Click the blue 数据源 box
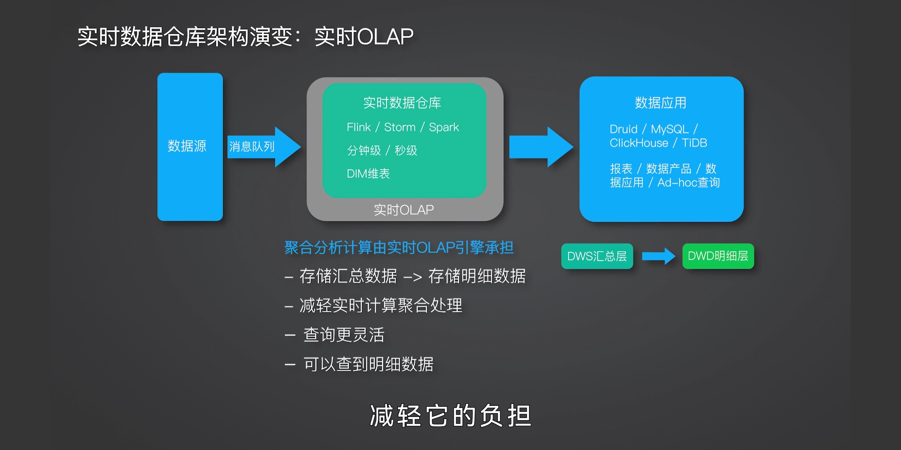click(x=190, y=147)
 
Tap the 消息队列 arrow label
click(x=252, y=147)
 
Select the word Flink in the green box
click(x=358, y=127)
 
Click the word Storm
click(x=400, y=127)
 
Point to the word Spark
click(x=444, y=127)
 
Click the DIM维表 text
click(x=368, y=174)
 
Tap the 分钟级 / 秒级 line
click(x=382, y=150)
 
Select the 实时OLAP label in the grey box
click(x=403, y=210)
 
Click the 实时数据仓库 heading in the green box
click(x=402, y=103)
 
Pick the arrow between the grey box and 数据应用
click(x=541, y=147)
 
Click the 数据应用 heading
click(x=660, y=103)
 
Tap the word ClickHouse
click(x=639, y=143)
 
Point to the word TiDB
click(x=694, y=143)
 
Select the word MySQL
click(x=669, y=129)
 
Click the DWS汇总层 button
click(x=597, y=256)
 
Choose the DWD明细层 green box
click(x=718, y=256)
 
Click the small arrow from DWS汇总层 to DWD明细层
click(x=658, y=256)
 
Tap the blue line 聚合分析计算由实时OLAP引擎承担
click(x=399, y=248)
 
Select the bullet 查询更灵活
click(x=344, y=335)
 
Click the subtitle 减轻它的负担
click(x=450, y=416)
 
